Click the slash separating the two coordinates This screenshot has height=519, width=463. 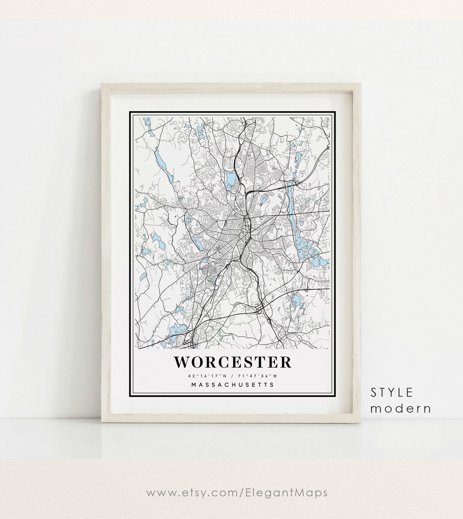point(232,376)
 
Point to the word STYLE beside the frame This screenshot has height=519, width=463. point(392,392)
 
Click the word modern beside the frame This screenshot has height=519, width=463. point(400,408)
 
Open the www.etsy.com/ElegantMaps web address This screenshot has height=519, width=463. point(231,493)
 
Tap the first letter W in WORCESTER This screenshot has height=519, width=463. point(181,362)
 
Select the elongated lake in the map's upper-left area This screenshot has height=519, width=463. point(159,161)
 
